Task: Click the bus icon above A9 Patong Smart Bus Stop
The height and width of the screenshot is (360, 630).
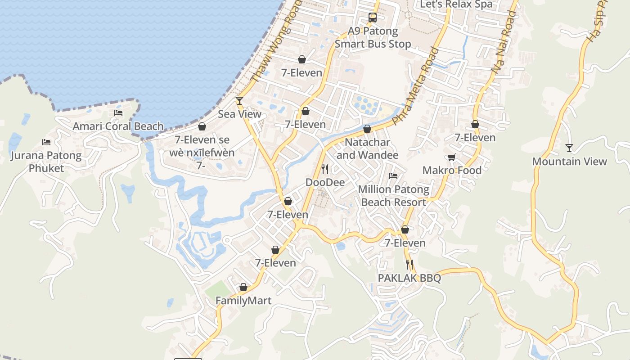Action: point(373,18)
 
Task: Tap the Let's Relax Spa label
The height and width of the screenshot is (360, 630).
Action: point(456,4)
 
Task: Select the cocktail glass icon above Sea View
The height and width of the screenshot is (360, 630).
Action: point(239,100)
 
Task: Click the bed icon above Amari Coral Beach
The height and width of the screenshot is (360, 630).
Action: point(118,113)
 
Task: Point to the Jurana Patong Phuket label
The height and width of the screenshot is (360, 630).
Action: point(46,162)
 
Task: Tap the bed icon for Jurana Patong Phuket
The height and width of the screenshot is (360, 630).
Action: point(46,142)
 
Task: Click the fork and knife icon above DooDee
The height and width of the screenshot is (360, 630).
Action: point(325,169)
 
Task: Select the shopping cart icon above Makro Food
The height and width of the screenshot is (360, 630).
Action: point(451,157)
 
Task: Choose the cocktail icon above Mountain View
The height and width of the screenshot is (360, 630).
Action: point(569,148)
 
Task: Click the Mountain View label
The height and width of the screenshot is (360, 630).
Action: point(569,162)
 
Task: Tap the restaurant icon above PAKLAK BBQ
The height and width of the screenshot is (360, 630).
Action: point(409,264)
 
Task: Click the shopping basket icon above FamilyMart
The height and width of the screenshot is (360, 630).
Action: point(243,287)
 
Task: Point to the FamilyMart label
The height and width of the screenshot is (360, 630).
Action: point(243,301)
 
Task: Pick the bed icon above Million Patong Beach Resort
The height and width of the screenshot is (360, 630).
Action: point(393,176)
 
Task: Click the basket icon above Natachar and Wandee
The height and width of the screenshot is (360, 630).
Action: point(367,129)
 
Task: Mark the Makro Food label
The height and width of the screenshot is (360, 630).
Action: point(452,171)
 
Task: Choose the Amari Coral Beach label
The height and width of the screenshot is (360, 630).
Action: point(118,126)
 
